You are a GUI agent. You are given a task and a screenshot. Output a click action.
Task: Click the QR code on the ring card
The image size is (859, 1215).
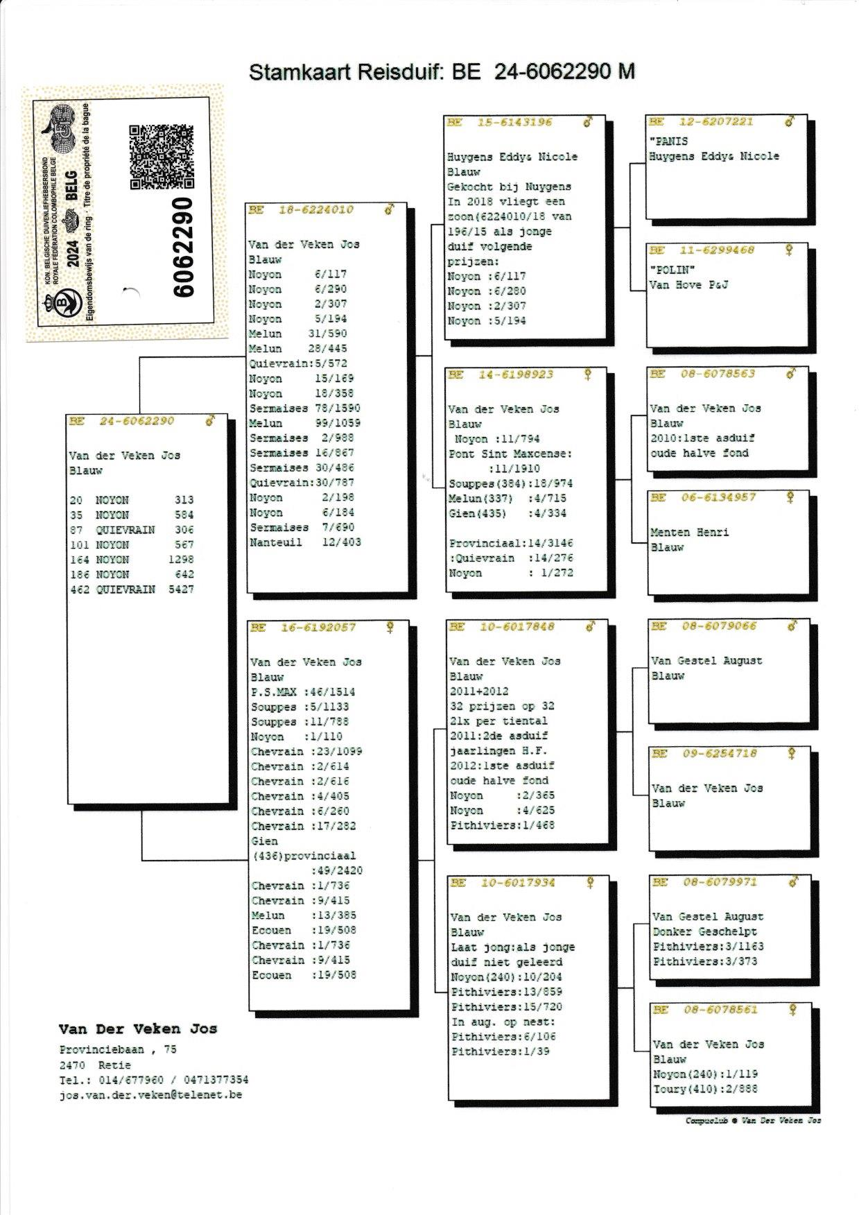pos(161,157)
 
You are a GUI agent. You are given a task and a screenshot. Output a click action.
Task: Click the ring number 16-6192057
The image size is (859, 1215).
pos(318,628)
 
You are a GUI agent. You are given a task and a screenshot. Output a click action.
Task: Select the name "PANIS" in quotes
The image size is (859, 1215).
pos(668,141)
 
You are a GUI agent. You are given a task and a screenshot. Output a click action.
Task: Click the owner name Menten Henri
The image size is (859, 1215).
pos(689,533)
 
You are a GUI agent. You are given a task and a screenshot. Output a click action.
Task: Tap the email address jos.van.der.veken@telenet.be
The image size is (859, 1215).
pos(150,1095)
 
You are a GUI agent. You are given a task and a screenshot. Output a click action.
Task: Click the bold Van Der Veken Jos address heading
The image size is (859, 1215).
pos(138,1029)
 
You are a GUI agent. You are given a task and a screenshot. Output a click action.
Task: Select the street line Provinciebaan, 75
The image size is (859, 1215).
pos(118,1050)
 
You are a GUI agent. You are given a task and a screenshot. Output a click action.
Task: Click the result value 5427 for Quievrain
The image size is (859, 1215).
pos(181,589)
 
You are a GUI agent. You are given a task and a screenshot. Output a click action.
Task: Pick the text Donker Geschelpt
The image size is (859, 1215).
pos(704,932)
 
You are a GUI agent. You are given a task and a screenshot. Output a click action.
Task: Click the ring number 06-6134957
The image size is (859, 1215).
pos(718,497)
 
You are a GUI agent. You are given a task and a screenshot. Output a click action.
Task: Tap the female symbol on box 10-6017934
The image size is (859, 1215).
pos(590,883)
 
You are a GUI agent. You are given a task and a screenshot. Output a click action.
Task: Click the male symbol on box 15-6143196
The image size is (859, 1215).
pos(588,122)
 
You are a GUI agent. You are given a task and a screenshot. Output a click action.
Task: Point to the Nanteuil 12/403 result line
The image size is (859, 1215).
pos(305,542)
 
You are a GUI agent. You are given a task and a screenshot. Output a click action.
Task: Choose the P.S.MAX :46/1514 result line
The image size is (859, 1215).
pos(303,692)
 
